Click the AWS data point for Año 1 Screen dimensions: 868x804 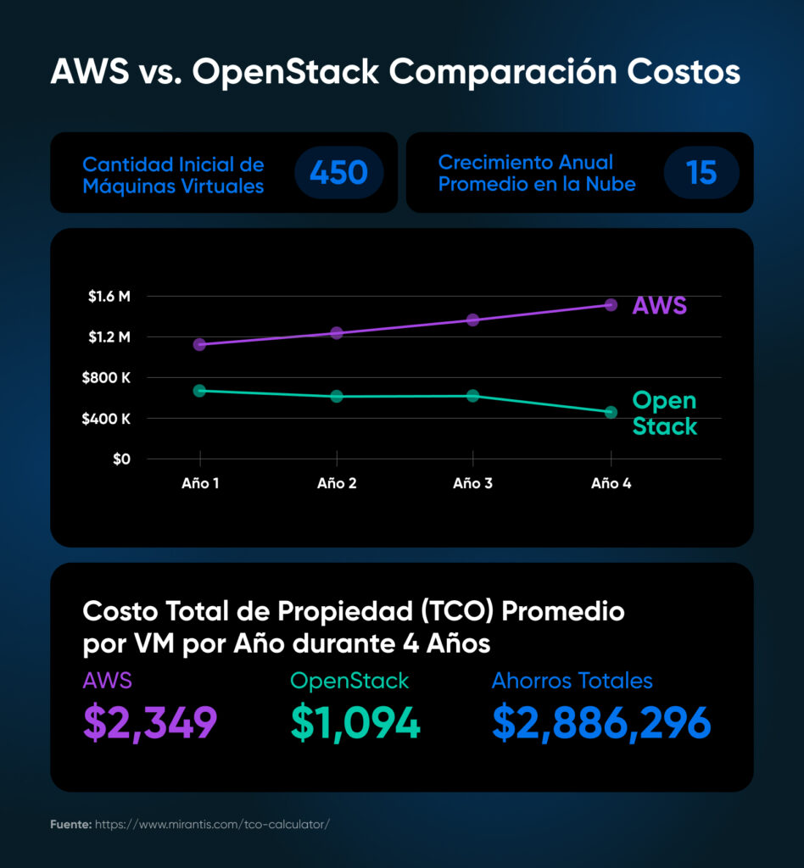click(x=199, y=344)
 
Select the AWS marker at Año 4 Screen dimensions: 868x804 click(x=611, y=304)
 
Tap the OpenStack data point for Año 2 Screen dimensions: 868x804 click(x=337, y=396)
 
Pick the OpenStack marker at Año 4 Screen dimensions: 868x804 click(x=611, y=412)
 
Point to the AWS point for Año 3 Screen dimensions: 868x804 click(x=473, y=320)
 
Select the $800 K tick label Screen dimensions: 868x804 click(x=106, y=378)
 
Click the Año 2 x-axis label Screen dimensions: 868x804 click(x=337, y=484)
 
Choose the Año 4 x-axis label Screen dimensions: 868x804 click(x=611, y=484)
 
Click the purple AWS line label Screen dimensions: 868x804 click(x=659, y=305)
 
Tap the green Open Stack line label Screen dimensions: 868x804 click(x=664, y=413)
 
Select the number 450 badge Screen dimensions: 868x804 click(x=338, y=173)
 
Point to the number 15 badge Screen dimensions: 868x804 click(x=701, y=173)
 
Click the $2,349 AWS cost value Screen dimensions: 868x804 click(x=150, y=722)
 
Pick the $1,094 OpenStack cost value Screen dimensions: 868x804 click(x=355, y=722)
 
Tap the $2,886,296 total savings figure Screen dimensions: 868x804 click(x=601, y=722)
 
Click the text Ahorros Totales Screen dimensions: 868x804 click(x=572, y=681)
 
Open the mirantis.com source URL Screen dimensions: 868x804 click(x=211, y=824)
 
